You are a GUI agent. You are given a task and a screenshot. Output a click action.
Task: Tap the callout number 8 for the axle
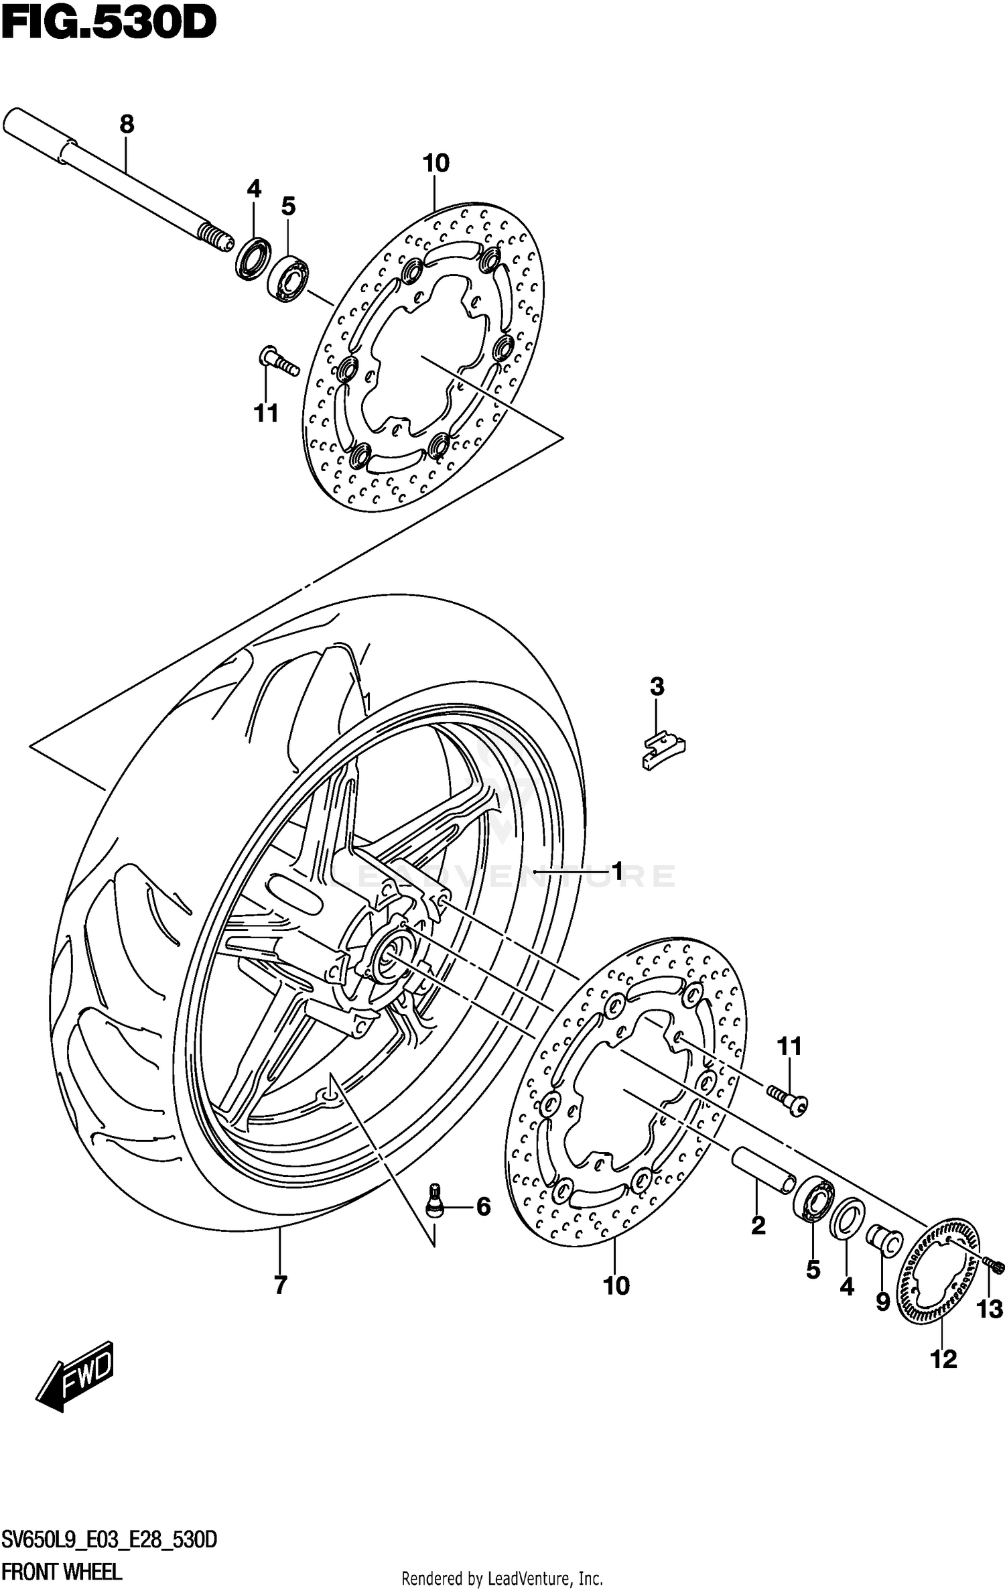click(127, 124)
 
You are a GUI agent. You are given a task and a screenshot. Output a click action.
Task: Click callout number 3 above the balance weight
click(657, 686)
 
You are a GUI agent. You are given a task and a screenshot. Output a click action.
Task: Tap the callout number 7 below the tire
click(280, 1285)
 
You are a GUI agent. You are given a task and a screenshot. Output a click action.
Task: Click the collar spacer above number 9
click(884, 1240)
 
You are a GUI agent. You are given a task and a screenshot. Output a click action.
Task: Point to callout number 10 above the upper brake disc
click(435, 163)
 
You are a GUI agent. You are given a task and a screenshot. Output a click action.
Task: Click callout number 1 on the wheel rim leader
click(617, 871)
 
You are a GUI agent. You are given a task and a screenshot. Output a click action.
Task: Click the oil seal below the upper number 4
click(253, 257)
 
